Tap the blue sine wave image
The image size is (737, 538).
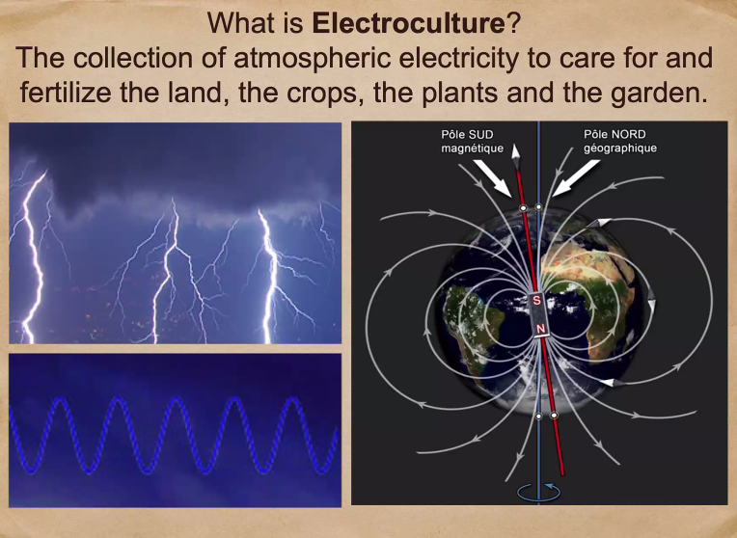(175, 430)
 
